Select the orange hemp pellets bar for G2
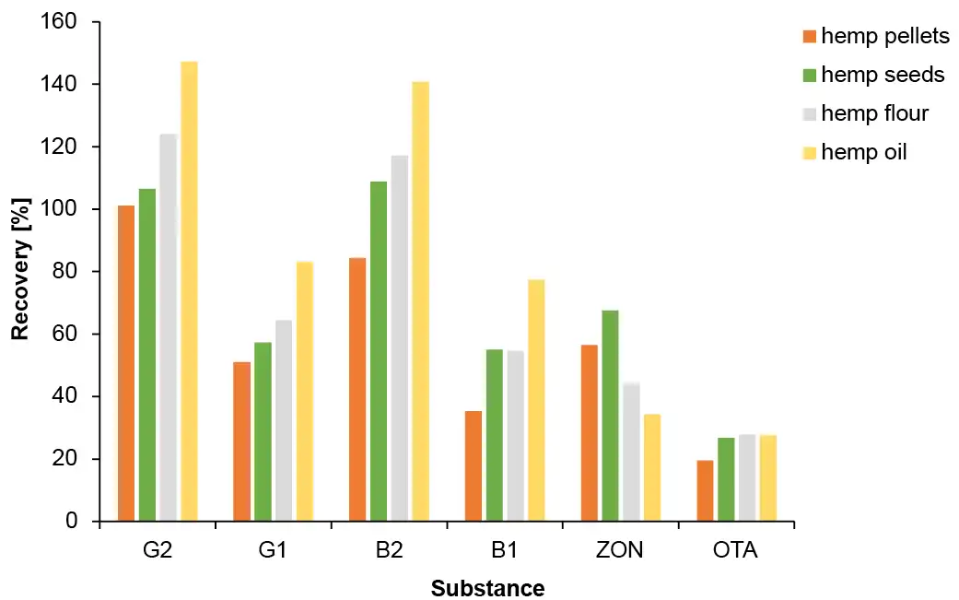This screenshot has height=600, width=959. coord(125,363)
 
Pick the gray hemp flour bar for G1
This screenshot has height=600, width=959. coord(283,420)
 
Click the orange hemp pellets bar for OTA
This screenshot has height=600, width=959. coord(705,490)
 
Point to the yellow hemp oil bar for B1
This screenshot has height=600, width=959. coord(536,400)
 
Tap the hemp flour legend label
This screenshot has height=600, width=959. coord(874,113)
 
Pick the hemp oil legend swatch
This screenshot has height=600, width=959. coord(809,152)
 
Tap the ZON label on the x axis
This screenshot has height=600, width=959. coord(620,551)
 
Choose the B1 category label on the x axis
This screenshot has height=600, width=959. coord(505,551)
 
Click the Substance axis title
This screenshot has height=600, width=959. coord(487,588)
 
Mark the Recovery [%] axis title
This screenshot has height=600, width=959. coord(19,272)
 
